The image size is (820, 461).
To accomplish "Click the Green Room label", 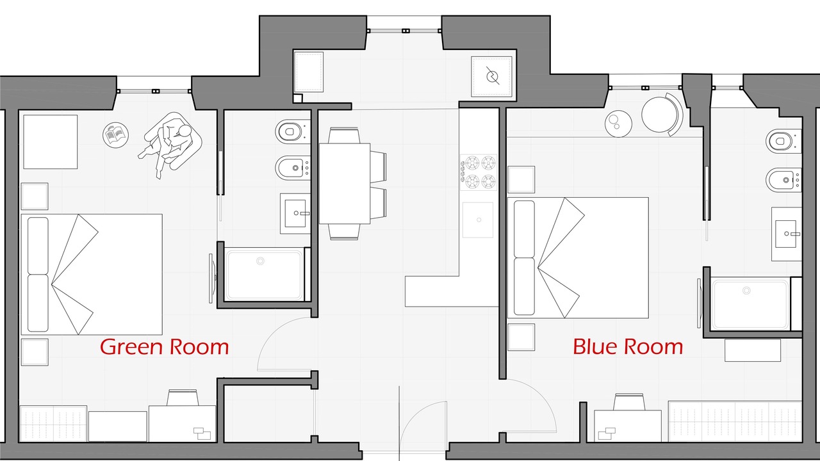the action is click(165, 346).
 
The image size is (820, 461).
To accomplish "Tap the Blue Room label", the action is click(628, 346).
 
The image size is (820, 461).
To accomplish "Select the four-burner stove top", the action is click(479, 172).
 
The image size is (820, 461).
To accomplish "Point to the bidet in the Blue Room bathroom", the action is click(783, 180).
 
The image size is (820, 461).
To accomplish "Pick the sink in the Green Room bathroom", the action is click(295, 213).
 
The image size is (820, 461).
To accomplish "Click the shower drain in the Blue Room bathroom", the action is click(746, 291).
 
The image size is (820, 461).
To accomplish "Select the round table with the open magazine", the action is click(116, 135).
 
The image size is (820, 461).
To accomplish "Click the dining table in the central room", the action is click(345, 183).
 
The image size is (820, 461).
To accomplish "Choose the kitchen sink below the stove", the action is click(478, 220).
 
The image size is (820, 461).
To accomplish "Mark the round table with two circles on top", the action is click(618, 124).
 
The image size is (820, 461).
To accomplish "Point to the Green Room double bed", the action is click(92, 275).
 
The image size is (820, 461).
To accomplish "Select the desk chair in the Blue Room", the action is click(628, 401).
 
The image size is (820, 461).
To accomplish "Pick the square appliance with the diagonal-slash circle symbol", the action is click(491, 76).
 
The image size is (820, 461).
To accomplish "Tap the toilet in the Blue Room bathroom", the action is click(783, 140).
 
